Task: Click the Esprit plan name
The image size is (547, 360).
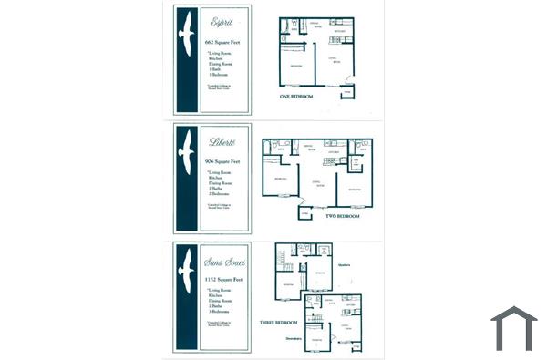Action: (x=220, y=20)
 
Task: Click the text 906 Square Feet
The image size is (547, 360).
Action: (x=222, y=160)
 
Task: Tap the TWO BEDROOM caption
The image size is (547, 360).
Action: (x=343, y=216)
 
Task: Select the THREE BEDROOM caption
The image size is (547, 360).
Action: (x=279, y=321)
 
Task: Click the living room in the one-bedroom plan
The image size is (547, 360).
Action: (x=335, y=64)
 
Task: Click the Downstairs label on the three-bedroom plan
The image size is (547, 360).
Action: (x=293, y=338)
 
